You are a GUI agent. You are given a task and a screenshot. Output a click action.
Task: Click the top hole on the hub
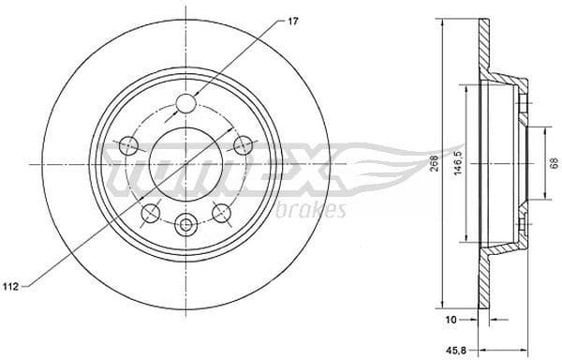186,103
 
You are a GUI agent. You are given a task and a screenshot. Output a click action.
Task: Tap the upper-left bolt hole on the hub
129,144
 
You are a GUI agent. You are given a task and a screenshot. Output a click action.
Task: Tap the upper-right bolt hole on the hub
244,144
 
